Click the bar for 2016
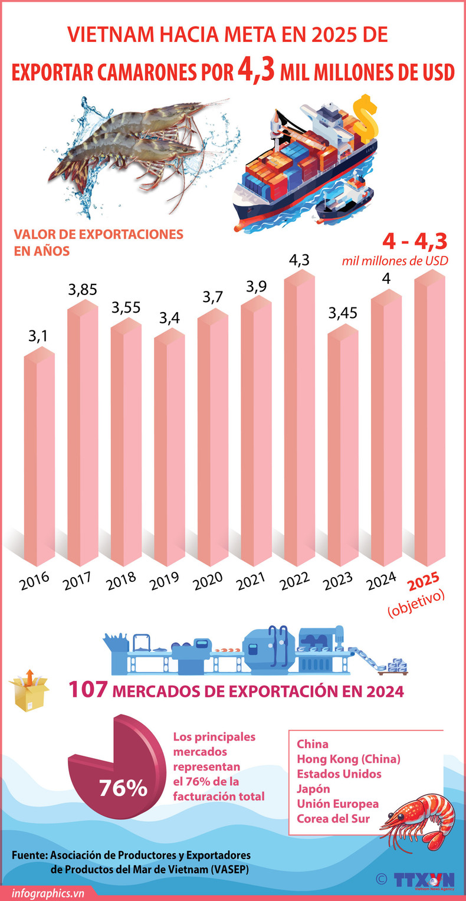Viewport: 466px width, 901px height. click(39, 460)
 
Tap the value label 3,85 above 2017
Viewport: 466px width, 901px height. click(82, 290)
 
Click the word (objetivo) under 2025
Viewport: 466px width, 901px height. click(416, 608)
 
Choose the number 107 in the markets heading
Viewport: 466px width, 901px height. click(87, 690)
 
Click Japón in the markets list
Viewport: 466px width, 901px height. click(313, 788)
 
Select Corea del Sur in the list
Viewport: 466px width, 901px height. click(333, 818)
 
